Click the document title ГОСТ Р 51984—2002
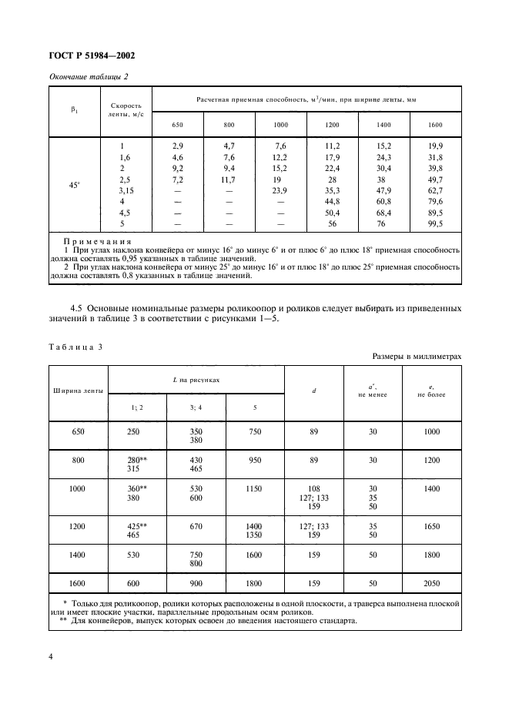[x=92, y=56]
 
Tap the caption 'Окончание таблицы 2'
[x=89, y=78]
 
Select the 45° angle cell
[x=75, y=185]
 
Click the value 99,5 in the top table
[x=434, y=224]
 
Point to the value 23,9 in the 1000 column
[x=280, y=190]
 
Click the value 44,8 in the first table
[x=332, y=201]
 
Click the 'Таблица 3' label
[x=76, y=347]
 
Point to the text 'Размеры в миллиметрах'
[x=417, y=357]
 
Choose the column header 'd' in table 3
[x=314, y=391]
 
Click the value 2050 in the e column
[x=434, y=584]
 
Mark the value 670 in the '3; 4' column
[x=198, y=527]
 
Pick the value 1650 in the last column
[x=434, y=527]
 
